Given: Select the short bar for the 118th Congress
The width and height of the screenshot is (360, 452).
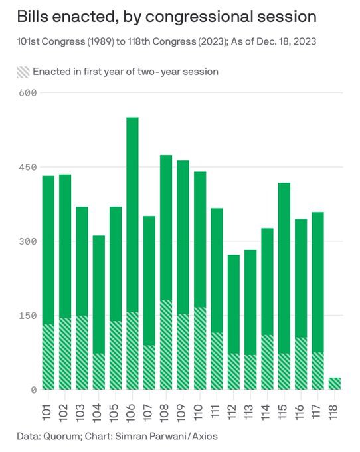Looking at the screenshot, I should coord(335,384).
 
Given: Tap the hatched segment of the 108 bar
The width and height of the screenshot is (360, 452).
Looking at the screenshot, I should coord(166,345).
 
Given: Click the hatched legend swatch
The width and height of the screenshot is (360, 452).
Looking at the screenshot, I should coord(23,71).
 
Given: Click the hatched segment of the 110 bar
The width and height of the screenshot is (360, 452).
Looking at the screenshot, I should coord(200,349).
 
